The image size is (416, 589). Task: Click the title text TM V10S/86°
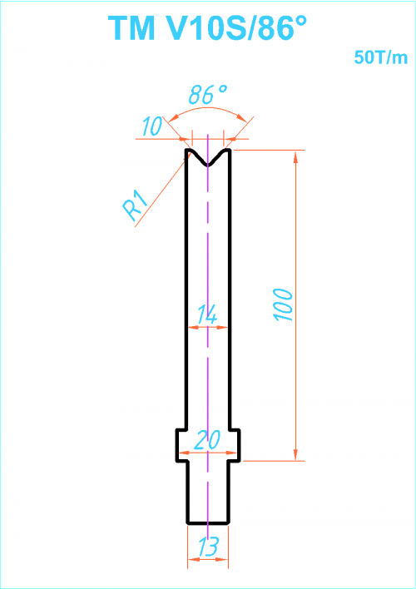coord(207,27)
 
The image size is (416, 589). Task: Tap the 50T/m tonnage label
coord(381,57)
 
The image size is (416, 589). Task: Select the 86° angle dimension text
coord(207,94)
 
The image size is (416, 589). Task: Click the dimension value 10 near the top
coord(151,126)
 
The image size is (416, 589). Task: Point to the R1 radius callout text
coord(135,205)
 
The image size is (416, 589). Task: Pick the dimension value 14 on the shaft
coord(207,314)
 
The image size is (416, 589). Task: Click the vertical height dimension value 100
coord(284,304)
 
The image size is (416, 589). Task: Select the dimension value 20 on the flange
coord(207,439)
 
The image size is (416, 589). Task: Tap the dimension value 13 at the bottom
coord(208,546)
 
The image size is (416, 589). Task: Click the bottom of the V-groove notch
coord(208,165)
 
